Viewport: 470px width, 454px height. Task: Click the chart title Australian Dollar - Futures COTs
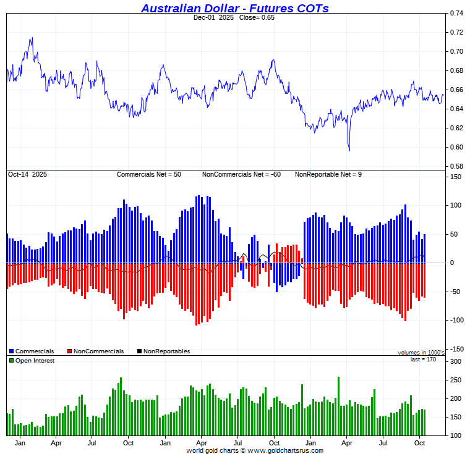coord(234,8)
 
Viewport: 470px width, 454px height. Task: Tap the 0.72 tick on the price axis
coord(456,32)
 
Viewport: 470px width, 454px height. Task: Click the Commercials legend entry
coord(33,351)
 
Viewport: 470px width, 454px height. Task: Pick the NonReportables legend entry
coord(166,351)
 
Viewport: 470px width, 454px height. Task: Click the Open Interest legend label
coord(34,361)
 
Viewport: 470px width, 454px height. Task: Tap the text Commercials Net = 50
coord(149,175)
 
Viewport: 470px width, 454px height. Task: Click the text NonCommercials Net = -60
coord(241,175)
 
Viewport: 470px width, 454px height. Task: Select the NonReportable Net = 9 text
coord(328,175)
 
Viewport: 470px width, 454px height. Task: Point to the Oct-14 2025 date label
coord(27,175)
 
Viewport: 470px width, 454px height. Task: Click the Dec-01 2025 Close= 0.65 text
coord(234,17)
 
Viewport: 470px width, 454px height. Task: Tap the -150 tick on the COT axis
coord(455,349)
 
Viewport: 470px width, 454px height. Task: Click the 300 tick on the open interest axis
coord(455,361)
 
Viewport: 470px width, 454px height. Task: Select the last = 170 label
coord(424,359)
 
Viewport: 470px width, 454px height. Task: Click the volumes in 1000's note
coord(421,353)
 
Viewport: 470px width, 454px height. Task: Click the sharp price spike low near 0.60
coord(349,150)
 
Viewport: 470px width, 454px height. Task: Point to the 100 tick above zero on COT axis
coord(455,206)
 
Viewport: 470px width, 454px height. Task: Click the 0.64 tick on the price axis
coord(456,109)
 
